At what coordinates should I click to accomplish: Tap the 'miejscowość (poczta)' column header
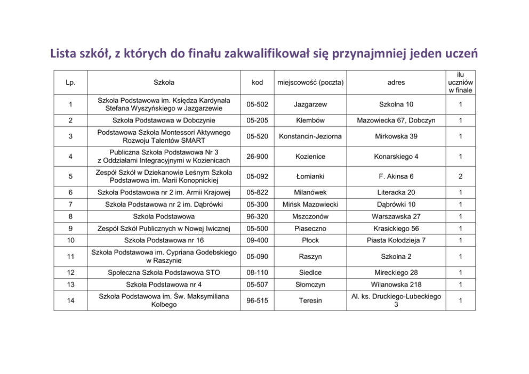310,83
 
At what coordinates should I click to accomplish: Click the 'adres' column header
396,83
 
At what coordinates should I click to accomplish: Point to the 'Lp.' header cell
70,83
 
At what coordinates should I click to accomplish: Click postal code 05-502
258,104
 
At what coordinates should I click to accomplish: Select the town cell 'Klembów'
310,120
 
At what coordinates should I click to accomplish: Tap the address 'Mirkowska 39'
396,136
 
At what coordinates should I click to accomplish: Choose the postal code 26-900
258,157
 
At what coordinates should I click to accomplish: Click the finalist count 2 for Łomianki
460,176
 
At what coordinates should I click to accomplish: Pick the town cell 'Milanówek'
310,192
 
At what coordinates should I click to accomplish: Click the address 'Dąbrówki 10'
396,205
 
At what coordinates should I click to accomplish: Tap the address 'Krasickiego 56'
396,229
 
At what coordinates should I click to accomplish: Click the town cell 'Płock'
310,240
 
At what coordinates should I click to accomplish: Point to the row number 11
70,257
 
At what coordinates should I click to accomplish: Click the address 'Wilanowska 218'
396,284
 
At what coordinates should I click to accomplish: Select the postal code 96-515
258,301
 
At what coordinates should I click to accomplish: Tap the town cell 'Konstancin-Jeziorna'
310,136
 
